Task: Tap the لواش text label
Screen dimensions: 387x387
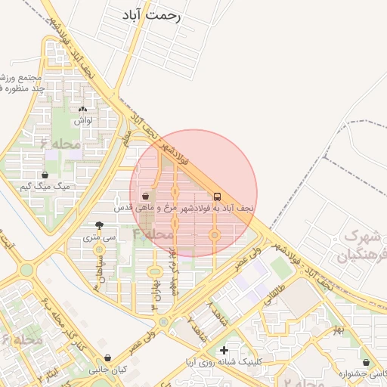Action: click(83, 120)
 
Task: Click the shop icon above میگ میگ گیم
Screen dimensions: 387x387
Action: click(45, 175)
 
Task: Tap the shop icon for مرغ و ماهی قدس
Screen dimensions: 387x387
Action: click(145, 197)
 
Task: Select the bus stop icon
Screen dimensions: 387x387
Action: click(218, 195)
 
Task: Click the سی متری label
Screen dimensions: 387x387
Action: click(101, 237)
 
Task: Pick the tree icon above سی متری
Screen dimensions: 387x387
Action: click(100, 224)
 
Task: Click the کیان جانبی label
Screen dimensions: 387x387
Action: click(107, 370)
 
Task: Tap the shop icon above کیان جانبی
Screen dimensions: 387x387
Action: click(107, 358)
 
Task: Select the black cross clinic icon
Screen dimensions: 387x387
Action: click(223, 351)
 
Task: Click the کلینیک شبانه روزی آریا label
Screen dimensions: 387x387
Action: click(224, 363)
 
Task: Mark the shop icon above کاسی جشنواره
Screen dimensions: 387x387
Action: click(366, 362)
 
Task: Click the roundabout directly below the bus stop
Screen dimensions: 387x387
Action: click(215, 236)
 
